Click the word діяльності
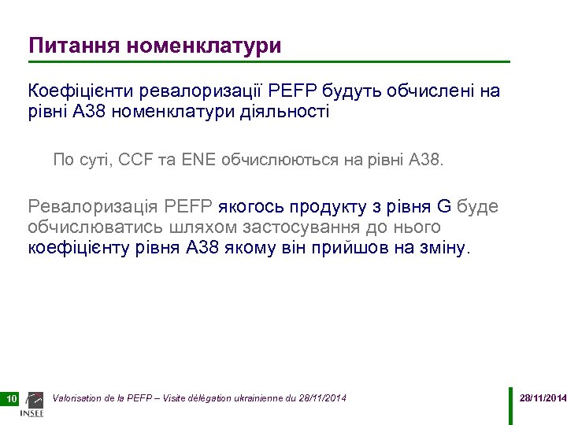pos(290,112)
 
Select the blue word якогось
pos(251,207)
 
